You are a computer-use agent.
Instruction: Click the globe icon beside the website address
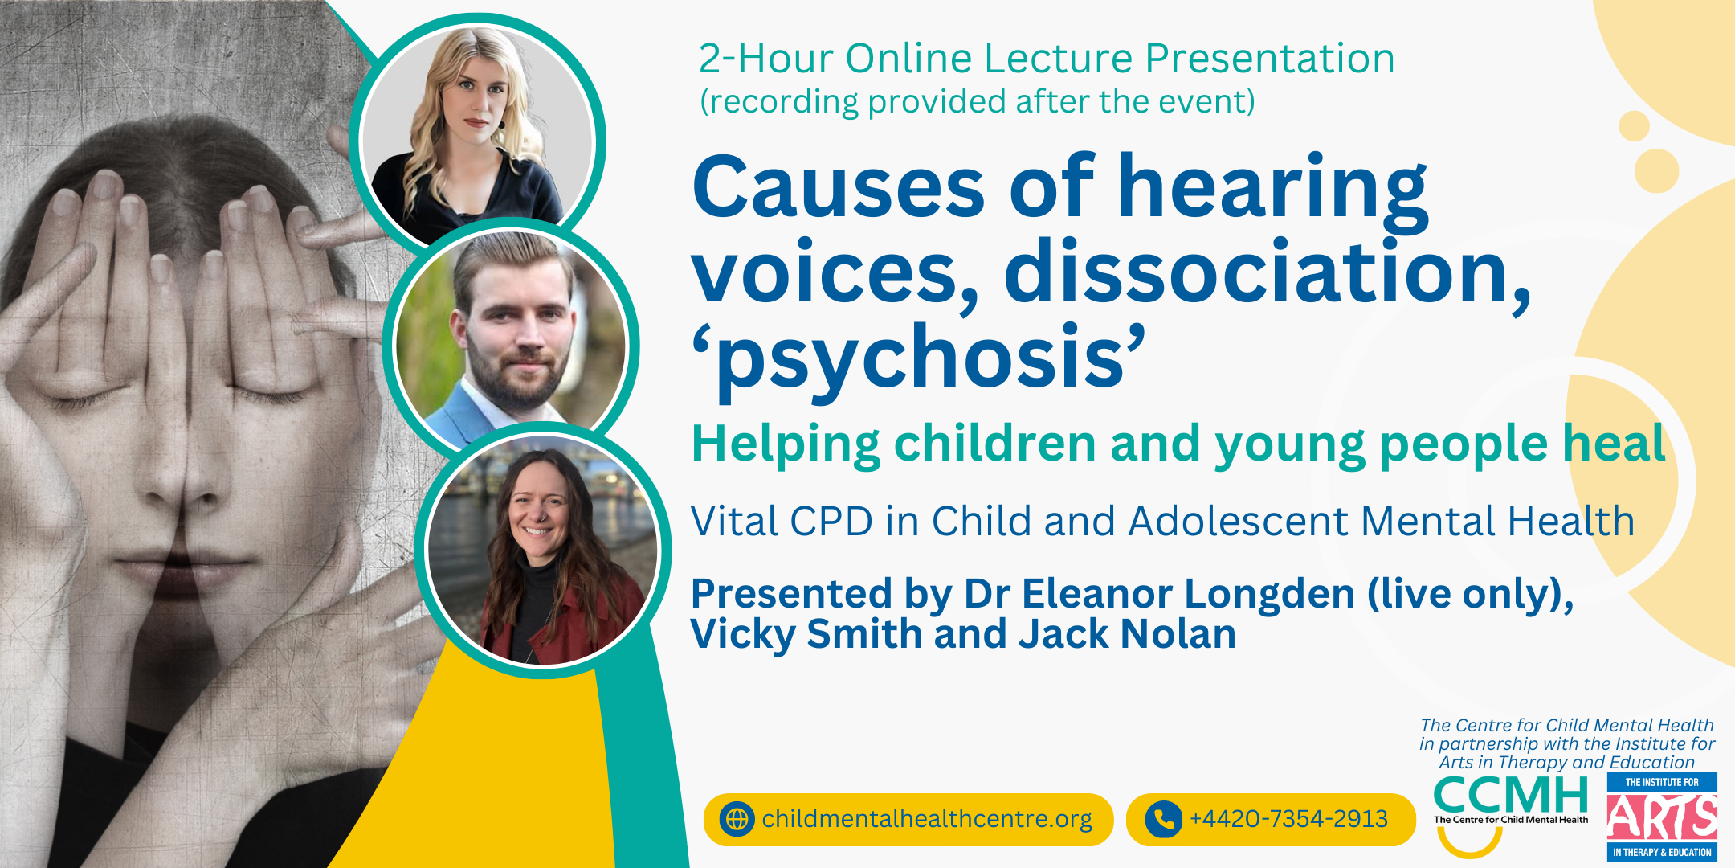point(737,819)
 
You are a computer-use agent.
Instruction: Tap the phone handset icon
point(1163,819)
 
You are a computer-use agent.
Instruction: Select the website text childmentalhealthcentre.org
point(927,819)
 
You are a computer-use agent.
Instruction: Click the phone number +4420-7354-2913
point(1288,819)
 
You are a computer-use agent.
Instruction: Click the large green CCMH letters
point(1510,796)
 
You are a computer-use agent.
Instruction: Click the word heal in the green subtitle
point(1614,444)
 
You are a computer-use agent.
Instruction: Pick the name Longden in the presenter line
point(1269,595)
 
